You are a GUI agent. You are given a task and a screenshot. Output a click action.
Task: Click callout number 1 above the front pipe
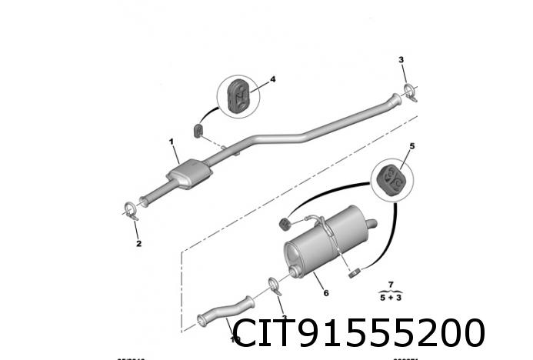pos(172,142)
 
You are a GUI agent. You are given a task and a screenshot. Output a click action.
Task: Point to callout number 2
pos(139,245)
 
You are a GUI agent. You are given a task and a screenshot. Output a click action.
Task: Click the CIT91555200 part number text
pos(359,334)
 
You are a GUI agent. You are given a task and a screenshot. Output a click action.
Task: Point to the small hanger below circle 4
pos(198,128)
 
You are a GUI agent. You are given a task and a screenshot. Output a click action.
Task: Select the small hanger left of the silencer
pos(284,222)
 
